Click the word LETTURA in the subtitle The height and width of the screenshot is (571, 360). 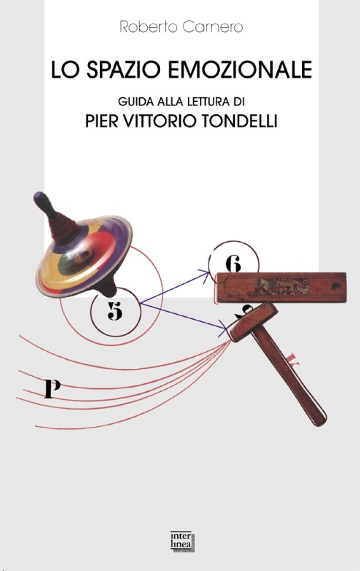(x=209, y=101)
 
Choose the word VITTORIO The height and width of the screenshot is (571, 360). (x=160, y=121)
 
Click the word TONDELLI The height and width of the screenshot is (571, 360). (x=239, y=121)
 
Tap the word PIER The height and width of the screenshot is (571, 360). (x=102, y=121)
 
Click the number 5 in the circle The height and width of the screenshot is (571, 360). (x=115, y=311)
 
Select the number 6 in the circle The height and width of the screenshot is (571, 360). (x=233, y=263)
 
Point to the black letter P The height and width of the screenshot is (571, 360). (x=52, y=388)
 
